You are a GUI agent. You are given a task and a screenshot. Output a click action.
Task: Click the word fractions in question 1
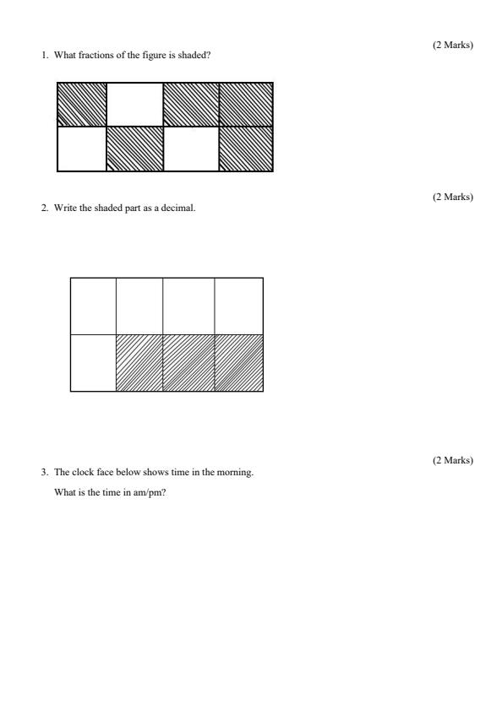coord(90,56)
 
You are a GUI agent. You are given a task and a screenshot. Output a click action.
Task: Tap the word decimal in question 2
coord(182,209)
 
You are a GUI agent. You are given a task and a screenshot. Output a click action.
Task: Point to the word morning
coord(237,473)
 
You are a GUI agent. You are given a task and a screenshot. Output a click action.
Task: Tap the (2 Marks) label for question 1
coord(452,45)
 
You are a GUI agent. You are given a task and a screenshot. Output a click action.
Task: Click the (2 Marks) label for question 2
coord(452,197)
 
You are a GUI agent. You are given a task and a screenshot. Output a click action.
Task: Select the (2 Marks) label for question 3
coord(452,460)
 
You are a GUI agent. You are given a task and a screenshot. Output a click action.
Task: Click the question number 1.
coord(44,56)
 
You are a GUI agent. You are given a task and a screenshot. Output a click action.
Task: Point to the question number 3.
coord(44,473)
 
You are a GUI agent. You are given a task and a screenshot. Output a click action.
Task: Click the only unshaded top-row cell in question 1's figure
coord(134,104)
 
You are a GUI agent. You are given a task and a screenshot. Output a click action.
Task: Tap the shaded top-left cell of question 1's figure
coord(82,104)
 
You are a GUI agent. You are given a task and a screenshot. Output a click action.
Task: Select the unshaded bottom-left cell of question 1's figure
coord(82,149)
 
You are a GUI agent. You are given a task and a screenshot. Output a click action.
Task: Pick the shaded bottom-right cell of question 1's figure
coord(245,149)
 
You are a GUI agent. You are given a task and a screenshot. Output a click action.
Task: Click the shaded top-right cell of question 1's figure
coord(245,104)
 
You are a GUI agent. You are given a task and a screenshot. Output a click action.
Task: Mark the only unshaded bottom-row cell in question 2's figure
coord(93,363)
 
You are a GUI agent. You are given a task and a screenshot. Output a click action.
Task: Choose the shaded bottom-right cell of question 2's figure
coord(238,363)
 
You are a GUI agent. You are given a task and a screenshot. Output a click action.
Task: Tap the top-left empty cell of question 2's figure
coord(93,306)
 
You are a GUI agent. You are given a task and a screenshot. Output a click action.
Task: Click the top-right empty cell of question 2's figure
coord(238,306)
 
